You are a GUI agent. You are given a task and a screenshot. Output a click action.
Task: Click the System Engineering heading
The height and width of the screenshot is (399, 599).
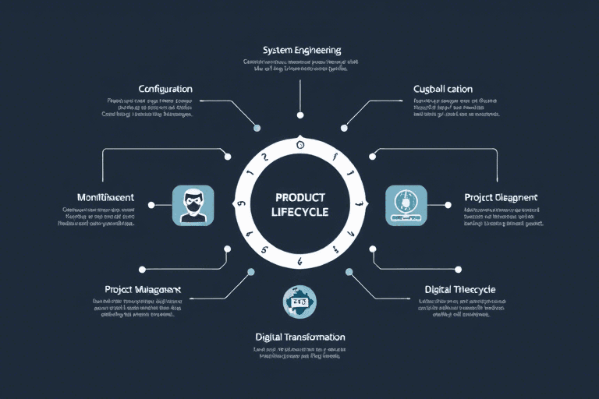click(x=302, y=50)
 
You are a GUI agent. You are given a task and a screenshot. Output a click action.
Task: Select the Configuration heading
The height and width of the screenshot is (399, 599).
click(x=165, y=89)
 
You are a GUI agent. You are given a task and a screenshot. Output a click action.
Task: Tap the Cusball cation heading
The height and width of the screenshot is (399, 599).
click(x=443, y=89)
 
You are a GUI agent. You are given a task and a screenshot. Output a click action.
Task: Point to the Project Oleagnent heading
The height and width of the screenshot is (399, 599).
click(x=501, y=197)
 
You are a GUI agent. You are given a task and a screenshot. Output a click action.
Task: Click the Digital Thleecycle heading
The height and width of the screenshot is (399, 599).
click(x=460, y=289)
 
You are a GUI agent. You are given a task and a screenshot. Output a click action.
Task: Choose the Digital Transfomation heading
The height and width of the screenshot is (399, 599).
click(x=300, y=337)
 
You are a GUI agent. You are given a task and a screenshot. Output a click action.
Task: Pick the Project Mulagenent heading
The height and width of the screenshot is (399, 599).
click(x=142, y=289)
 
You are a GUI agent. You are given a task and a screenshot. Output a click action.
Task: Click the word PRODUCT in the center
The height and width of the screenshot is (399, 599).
click(x=301, y=198)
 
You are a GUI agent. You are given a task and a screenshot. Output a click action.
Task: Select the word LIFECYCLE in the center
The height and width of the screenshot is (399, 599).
click(x=301, y=212)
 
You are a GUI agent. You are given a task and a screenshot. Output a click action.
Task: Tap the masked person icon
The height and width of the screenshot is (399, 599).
click(x=193, y=205)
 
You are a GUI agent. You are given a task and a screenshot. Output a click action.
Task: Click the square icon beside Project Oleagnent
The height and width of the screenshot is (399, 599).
click(x=406, y=205)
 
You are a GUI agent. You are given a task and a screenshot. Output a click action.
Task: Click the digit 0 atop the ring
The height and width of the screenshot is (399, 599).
click(x=300, y=145)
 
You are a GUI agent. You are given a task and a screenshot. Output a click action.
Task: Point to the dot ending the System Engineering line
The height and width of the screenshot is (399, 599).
click(x=300, y=118)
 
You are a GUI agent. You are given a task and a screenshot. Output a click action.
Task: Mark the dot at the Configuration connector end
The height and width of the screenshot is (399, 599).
click(x=257, y=128)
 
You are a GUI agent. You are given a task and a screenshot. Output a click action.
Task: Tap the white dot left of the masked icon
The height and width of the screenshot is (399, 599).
click(x=151, y=205)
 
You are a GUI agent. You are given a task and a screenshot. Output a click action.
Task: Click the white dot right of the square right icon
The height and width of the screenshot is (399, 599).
click(x=449, y=205)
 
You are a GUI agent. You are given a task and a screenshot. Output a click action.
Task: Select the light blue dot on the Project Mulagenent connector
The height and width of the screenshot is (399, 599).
click(x=250, y=272)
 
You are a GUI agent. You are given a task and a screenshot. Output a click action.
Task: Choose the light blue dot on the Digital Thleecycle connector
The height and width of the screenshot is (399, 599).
click(x=349, y=272)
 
